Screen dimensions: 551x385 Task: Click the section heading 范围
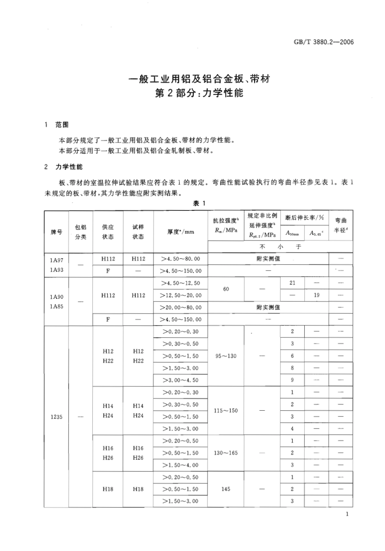point(62,125)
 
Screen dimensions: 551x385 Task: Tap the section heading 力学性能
point(69,167)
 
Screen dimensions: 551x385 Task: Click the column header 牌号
point(56,232)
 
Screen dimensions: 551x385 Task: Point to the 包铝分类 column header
point(81,232)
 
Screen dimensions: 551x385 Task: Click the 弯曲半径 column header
point(340,225)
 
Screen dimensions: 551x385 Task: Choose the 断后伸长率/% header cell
point(305,218)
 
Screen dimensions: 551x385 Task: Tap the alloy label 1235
point(57,417)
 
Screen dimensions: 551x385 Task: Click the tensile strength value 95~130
point(226,356)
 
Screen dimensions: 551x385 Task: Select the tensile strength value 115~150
point(226,411)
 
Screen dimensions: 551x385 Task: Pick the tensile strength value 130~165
point(226,453)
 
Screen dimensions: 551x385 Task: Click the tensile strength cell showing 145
point(226,489)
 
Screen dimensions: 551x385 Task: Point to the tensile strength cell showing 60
point(226,289)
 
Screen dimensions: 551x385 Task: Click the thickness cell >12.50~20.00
point(181,295)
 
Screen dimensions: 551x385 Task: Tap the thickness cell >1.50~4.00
point(181,465)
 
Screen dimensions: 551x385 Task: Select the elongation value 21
point(292,283)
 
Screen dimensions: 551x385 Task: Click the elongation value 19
point(317,295)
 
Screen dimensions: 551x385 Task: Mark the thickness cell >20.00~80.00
point(181,307)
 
